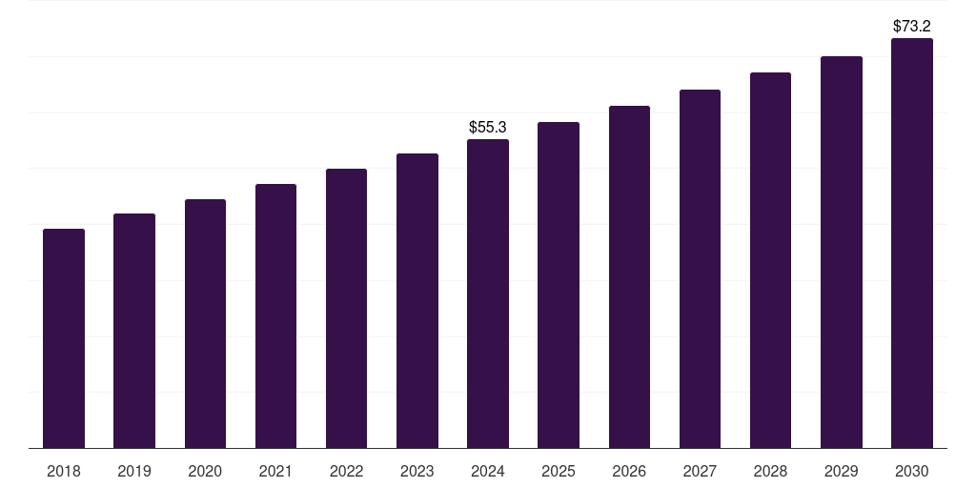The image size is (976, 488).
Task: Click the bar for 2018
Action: pos(64,338)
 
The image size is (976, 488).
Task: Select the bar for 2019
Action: pos(134,331)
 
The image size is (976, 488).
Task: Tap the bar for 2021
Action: pos(275,315)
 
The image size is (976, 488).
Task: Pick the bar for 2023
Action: pos(417,300)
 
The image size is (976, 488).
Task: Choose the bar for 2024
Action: pos(488,294)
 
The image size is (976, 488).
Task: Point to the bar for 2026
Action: pos(629,276)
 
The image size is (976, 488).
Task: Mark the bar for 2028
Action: pos(770,260)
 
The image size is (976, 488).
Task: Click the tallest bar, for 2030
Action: pos(912,243)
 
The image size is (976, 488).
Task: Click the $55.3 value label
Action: pos(488,127)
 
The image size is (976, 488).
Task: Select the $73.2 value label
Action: pos(912,26)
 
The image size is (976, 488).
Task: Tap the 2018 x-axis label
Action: pos(64,471)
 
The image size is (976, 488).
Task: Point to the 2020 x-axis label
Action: pos(205,471)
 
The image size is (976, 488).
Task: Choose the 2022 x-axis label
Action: pos(347,471)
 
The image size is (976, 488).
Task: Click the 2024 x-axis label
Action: pos(488,471)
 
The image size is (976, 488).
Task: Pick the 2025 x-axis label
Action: pos(559,471)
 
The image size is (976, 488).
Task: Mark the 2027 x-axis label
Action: pos(700,471)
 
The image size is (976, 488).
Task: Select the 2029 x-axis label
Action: pos(842,471)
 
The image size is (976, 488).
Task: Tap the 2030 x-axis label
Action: pos(912,471)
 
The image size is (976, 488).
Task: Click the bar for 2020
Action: pos(205,323)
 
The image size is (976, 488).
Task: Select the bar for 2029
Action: pos(842,252)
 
